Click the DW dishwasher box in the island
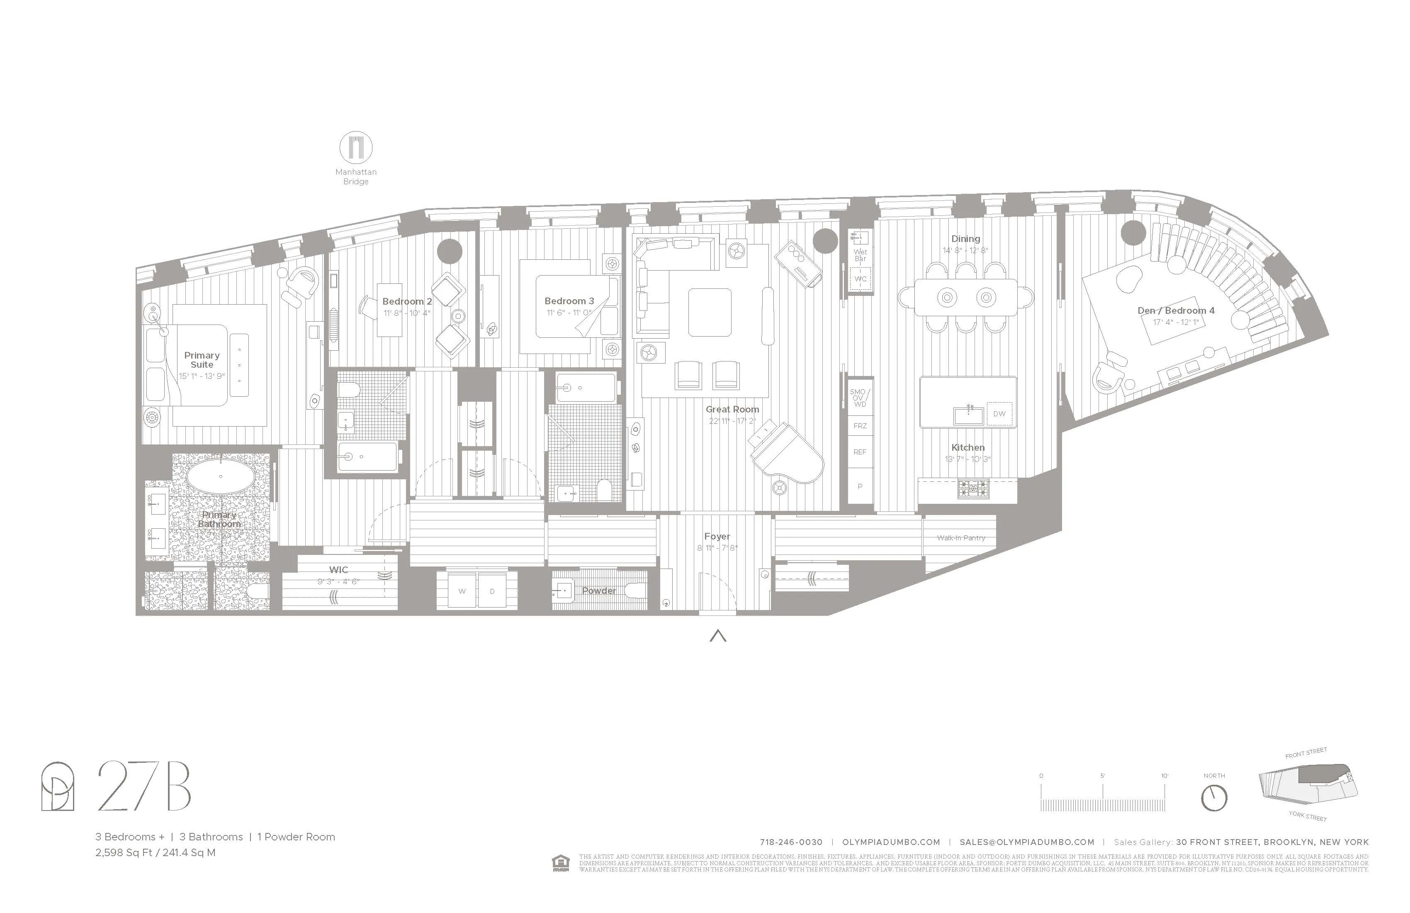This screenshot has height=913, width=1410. tap(999, 414)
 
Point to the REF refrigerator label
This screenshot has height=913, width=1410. tap(860, 452)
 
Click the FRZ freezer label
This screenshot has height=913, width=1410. tap(860, 426)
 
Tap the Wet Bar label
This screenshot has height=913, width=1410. tap(860, 255)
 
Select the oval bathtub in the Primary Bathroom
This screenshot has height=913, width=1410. tap(220, 476)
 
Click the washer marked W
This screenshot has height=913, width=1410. tap(462, 591)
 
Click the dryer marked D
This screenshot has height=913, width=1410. tap(492, 591)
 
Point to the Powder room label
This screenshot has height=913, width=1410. tap(599, 591)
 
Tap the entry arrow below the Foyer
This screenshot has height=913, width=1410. tap(717, 636)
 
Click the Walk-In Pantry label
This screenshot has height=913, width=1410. tap(960, 538)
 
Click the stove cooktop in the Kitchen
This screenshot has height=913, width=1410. tap(973, 488)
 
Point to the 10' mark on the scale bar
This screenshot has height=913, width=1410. tap(1164, 776)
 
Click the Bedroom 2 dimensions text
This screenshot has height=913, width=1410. tap(406, 313)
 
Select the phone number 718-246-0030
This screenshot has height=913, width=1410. tap(791, 842)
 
